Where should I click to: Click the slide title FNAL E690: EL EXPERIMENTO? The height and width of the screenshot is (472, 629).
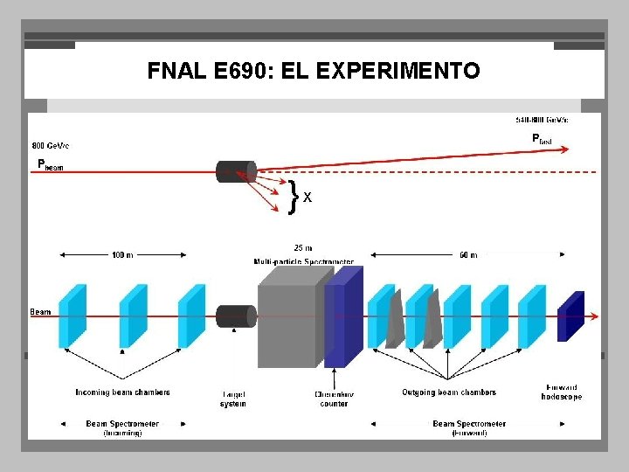tap(314, 71)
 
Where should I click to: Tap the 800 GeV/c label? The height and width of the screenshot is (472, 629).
tap(51, 145)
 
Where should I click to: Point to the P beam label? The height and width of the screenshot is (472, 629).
tap(50, 164)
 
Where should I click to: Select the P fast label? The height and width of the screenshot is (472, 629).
tap(542, 138)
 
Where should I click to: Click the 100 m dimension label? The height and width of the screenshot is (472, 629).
tap(122, 254)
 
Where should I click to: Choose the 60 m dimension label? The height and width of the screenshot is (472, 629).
tap(468, 254)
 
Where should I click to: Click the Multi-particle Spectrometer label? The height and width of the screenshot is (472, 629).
tap(304, 260)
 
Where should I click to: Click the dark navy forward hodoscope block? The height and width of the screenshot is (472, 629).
tap(570, 316)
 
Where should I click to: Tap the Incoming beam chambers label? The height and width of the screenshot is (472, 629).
tap(122, 392)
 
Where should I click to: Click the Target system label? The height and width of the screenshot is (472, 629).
tap(232, 399)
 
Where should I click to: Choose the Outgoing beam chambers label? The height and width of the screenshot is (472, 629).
tap(449, 392)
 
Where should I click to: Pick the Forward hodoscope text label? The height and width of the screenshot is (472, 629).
tap(561, 392)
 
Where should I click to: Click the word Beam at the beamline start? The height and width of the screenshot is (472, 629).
tap(40, 311)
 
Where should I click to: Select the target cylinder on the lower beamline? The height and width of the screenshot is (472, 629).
tap(235, 316)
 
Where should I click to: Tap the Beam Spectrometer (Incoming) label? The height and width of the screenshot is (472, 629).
tap(122, 427)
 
